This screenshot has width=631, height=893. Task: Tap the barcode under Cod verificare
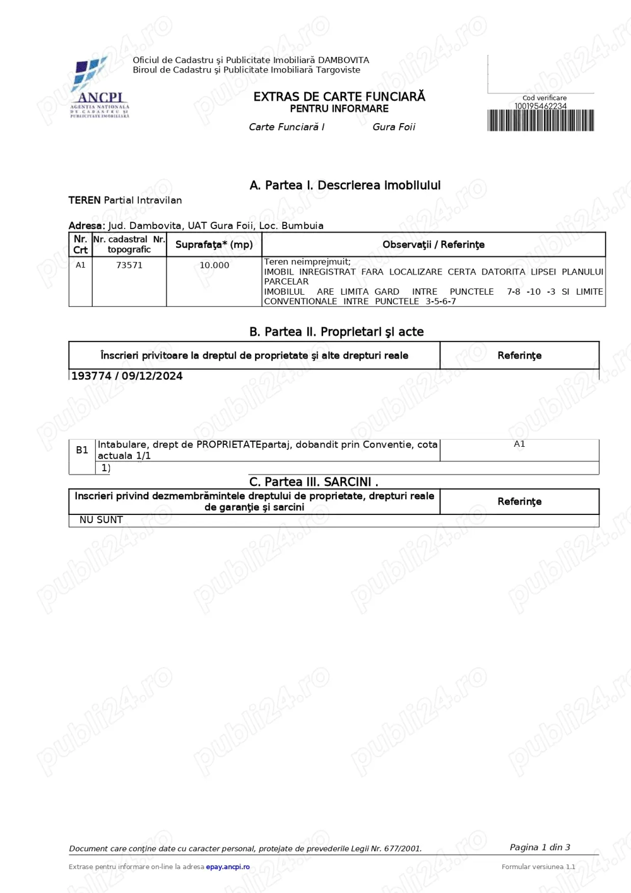(x=541, y=121)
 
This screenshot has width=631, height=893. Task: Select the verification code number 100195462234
(x=541, y=106)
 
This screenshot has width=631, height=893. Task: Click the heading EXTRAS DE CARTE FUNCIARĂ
(x=339, y=97)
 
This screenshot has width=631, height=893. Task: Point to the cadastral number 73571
(x=129, y=265)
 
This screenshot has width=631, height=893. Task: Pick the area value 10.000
(x=215, y=265)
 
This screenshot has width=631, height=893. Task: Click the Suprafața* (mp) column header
(x=214, y=244)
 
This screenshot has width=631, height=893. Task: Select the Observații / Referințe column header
(x=433, y=244)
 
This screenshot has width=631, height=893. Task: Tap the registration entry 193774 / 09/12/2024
(x=127, y=376)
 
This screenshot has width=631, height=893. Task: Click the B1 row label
(x=82, y=450)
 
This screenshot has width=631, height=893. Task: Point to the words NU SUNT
(x=101, y=520)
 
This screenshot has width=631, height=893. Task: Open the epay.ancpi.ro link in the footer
(x=228, y=866)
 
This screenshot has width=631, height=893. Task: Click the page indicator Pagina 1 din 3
(x=540, y=847)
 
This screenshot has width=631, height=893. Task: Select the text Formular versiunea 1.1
(x=538, y=866)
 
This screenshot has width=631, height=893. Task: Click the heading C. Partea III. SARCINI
(x=314, y=482)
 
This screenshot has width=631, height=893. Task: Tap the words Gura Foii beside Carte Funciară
(x=394, y=127)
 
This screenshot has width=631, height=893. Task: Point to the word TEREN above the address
(x=85, y=200)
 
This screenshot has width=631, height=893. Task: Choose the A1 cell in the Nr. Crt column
(x=81, y=265)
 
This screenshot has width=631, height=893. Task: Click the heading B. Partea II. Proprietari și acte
(x=336, y=332)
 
